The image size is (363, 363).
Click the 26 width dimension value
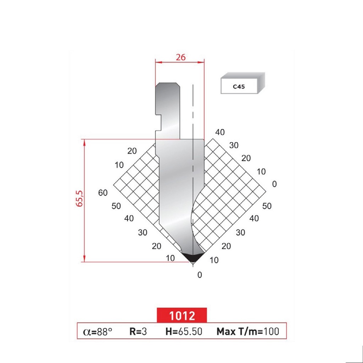click(180, 57)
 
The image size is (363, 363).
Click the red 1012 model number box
click(181, 315)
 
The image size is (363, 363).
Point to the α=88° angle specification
click(97, 331)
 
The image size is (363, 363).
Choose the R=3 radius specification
click(138, 331)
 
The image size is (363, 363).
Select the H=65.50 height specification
click(184, 331)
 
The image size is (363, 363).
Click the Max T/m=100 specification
click(248, 331)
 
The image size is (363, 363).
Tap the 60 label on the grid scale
click(103, 193)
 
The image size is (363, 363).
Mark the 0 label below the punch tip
click(200, 275)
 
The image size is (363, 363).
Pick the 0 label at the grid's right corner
click(274, 184)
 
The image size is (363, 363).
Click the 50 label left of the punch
click(116, 206)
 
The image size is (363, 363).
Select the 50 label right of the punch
click(267, 206)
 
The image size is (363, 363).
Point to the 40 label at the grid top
click(220, 132)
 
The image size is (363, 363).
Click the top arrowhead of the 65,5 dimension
click(84, 142)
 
